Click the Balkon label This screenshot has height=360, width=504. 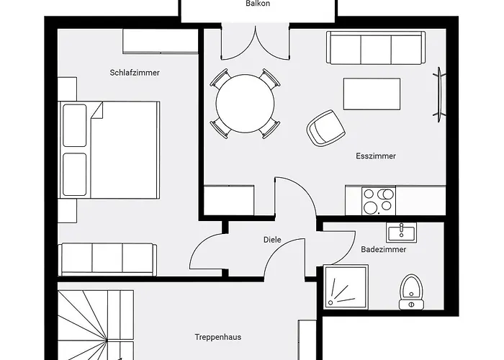pos(258,4)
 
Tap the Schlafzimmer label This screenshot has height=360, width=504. pos(135,73)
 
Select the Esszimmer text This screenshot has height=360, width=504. pos(376,156)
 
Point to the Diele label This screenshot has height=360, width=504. pos(272,240)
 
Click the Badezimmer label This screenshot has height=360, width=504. pos(383,250)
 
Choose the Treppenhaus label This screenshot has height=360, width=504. pos(217,336)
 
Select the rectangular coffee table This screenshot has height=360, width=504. pos(372,94)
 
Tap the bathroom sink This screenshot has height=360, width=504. pos(401,233)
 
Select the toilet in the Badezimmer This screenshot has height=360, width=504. pos(412,290)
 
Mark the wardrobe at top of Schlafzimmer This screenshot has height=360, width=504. pos(160,41)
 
